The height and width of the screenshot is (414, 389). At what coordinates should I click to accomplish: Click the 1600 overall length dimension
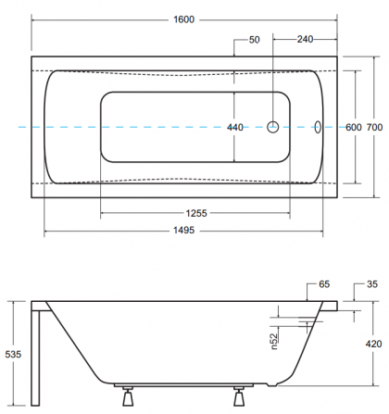184,19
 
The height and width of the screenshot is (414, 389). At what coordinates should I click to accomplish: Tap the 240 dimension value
305,39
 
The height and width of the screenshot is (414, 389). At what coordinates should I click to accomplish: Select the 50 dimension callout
255,40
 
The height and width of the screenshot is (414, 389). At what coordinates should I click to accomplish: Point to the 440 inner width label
235,127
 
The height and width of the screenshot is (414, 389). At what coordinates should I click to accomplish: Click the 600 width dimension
354,127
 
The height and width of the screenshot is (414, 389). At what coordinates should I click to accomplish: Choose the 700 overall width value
374,127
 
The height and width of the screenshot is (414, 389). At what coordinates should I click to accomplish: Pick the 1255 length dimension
196,213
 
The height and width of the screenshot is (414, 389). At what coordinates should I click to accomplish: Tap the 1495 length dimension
184,231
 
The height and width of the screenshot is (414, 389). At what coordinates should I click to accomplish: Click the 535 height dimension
13,354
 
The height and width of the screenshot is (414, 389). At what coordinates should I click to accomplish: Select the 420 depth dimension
373,344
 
